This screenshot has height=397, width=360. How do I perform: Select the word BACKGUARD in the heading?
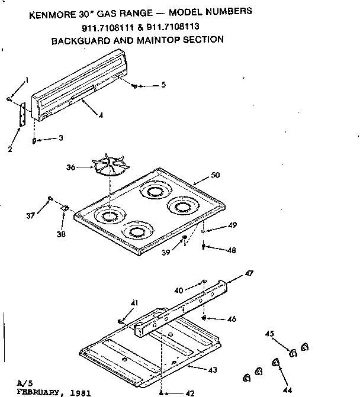point(80,41)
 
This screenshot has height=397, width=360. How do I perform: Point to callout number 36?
point(70,168)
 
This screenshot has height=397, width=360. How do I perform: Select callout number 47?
point(249,273)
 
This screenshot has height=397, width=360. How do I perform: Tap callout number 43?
point(212,370)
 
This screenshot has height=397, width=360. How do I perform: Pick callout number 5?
point(163,85)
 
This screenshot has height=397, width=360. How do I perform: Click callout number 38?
point(61,234)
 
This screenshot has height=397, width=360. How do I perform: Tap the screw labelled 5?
point(136,86)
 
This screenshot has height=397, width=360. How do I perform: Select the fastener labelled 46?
point(204,318)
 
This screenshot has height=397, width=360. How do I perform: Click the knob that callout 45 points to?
point(293,353)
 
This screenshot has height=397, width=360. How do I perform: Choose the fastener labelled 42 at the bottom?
point(162,390)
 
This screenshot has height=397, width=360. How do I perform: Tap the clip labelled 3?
point(35,141)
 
